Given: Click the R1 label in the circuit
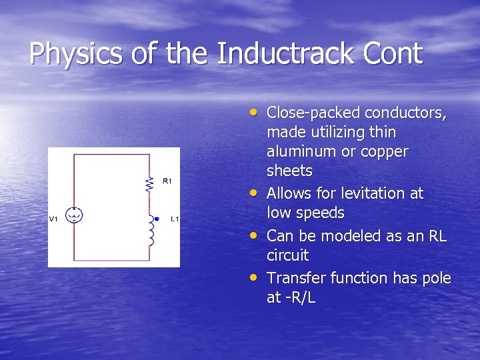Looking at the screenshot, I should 167,181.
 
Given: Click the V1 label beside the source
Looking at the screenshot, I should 54,219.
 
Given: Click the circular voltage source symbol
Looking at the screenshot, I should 74,215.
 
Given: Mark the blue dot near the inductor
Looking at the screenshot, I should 157,218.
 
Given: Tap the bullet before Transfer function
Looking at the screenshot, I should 256,277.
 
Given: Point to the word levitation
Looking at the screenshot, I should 374,193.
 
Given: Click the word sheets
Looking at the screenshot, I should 289,171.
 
